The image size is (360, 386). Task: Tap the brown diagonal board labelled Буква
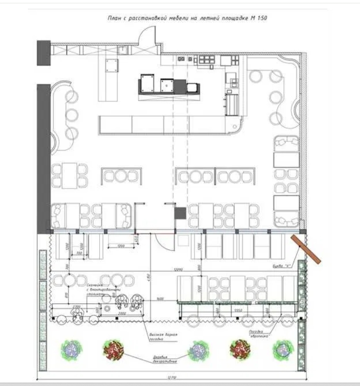pos(306,249)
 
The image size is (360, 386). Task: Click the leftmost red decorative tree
pos(113,349)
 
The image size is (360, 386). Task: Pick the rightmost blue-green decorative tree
pos(283,350)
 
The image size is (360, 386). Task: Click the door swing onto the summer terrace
pos(162,242)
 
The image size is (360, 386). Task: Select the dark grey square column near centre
pos(180,213)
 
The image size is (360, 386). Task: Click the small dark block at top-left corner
pos(43,52)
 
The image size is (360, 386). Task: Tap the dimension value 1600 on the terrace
pos(160,298)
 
